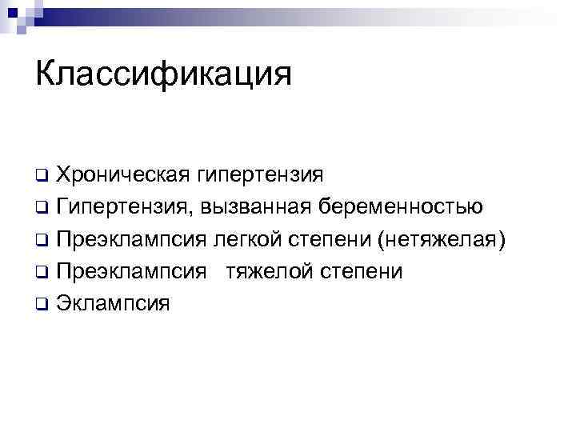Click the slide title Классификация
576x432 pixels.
coord(163,75)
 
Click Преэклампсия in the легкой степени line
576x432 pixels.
coord(132,239)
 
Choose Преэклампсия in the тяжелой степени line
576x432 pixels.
coord(132,271)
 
